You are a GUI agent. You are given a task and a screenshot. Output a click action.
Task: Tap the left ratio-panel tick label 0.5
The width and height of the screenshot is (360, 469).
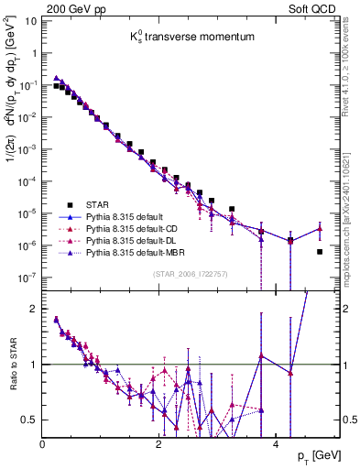point(30,420)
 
